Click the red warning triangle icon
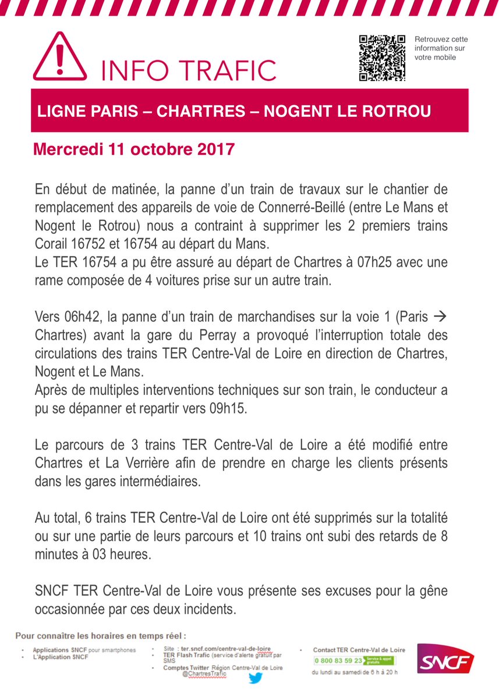[60, 58]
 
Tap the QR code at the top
[382, 58]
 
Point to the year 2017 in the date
[214, 149]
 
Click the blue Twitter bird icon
[254, 678]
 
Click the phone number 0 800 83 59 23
[338, 660]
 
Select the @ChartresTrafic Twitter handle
[204, 674]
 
